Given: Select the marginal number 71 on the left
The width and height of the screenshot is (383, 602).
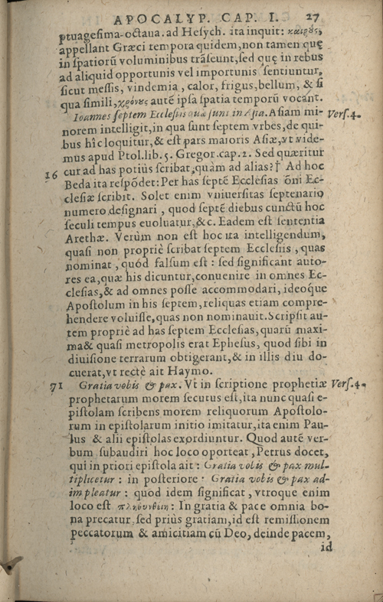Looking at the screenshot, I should (x=55, y=387).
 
